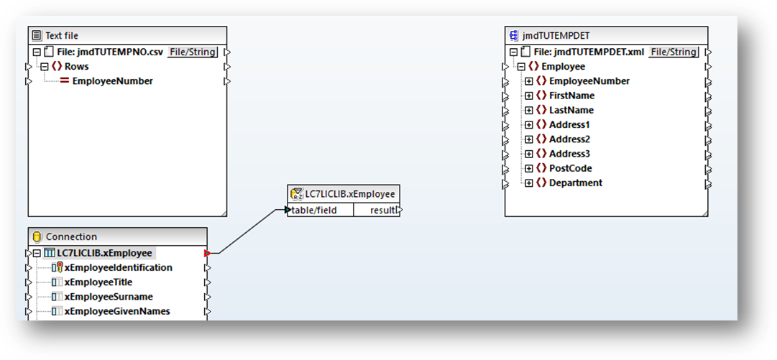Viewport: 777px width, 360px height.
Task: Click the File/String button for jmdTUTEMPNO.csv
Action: pyautogui.click(x=192, y=52)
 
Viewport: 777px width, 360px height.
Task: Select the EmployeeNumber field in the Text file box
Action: pyautogui.click(x=112, y=81)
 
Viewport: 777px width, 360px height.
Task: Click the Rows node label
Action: pyautogui.click(x=77, y=66)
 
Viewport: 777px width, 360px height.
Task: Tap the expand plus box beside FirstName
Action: pyautogui.click(x=529, y=96)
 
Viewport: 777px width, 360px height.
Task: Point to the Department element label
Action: pyautogui.click(x=576, y=183)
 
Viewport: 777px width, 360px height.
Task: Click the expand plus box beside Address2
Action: pyautogui.click(x=529, y=139)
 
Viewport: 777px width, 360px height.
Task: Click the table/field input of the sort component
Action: pyautogui.click(x=314, y=211)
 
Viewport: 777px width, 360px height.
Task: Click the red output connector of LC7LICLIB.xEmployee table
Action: pyautogui.click(x=207, y=254)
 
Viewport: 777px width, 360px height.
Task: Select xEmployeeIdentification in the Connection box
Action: pyautogui.click(x=119, y=268)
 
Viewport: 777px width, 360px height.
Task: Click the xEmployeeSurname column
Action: pyautogui.click(x=109, y=297)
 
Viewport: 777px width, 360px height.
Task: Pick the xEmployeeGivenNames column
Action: pyautogui.click(x=117, y=311)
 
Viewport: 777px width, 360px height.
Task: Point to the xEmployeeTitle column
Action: pyautogui.click(x=98, y=282)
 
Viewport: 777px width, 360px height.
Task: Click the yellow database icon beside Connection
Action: pyautogui.click(x=36, y=236)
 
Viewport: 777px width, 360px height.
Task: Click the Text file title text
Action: pyautogui.click(x=62, y=36)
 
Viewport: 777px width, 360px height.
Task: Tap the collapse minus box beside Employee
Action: pyautogui.click(x=521, y=66)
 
